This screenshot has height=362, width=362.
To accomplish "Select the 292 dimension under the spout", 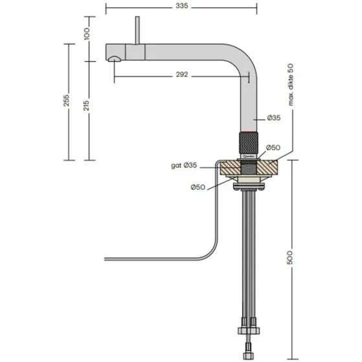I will [x=182, y=74].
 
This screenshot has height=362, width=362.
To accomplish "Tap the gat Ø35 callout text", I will [x=184, y=166].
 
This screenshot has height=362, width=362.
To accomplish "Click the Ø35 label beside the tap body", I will [x=274, y=118].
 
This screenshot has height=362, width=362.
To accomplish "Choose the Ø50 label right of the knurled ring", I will [x=274, y=148].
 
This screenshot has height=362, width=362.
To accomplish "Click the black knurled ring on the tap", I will [x=249, y=141].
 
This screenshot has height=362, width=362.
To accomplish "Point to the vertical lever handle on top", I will [x=137, y=29].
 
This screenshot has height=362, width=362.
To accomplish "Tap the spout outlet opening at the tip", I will [x=114, y=60].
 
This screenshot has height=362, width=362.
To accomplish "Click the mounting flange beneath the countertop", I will [x=249, y=188].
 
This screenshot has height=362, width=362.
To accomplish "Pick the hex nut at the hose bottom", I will [x=248, y=330].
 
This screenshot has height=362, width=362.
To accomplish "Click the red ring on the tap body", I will [x=249, y=130].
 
